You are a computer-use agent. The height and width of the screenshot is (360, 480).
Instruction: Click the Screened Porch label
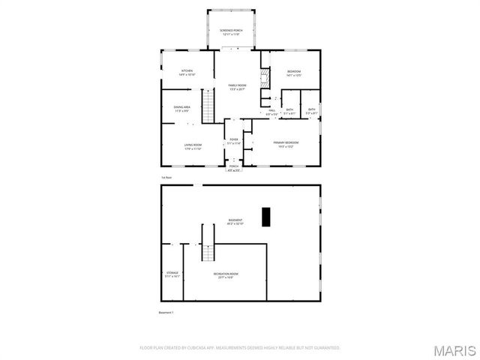[231, 31]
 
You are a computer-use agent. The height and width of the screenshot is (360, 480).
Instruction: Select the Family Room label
[237, 86]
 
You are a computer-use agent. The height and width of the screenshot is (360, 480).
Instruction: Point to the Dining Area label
[182, 109]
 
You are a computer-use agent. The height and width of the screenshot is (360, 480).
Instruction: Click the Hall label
[271, 111]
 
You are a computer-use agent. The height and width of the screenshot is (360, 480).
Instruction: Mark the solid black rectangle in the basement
[265, 216]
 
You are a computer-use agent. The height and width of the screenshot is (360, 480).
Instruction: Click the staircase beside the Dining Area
[208, 102]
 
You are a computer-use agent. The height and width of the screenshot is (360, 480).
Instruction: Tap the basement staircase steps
[208, 253]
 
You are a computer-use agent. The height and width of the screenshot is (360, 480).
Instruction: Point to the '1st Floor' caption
[166, 178]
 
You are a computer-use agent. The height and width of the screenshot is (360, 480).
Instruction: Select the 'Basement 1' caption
[166, 312]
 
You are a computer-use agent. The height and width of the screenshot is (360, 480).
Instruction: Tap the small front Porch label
[234, 166]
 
